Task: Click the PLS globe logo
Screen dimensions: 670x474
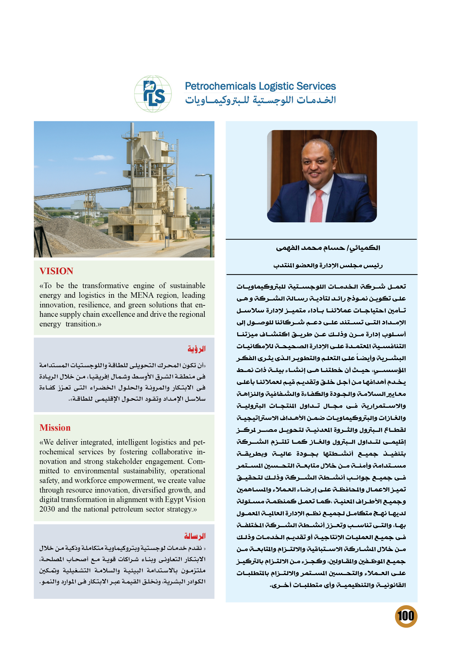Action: [153, 94]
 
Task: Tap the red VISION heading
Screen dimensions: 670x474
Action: [56, 271]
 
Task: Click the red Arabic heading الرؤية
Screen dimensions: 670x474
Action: [197, 349]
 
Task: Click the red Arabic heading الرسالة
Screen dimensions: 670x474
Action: [195, 536]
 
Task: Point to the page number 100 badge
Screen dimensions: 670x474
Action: [406, 616]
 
